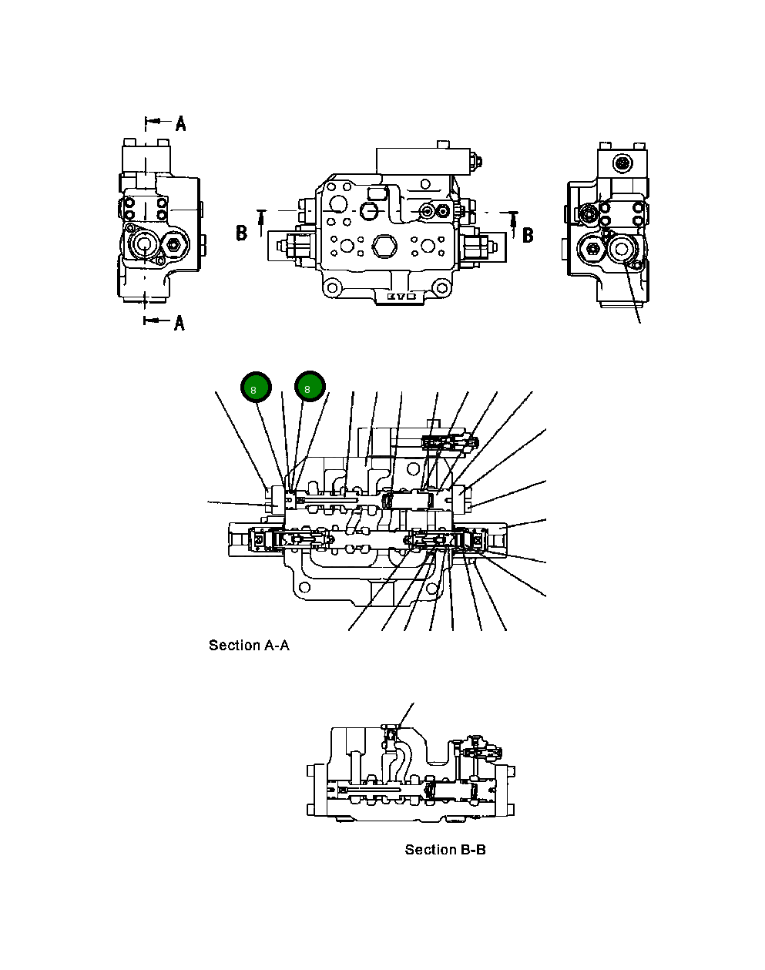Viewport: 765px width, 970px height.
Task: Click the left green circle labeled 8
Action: pos(256,387)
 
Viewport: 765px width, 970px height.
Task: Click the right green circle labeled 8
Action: pos(310,387)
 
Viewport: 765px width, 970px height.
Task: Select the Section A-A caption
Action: pos(249,646)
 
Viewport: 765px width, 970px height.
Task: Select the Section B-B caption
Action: pos(445,850)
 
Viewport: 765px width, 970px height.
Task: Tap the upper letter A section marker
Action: pos(180,123)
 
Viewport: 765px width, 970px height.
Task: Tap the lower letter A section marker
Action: pos(179,323)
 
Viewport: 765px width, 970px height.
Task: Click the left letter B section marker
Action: pos(241,233)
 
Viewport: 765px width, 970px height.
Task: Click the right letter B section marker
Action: pos(528,234)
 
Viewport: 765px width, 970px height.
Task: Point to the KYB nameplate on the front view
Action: pos(401,296)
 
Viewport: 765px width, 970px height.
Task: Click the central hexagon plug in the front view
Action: pos(383,247)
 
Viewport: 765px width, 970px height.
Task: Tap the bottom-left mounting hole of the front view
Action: pos(331,289)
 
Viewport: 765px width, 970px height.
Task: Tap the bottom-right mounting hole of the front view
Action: pos(442,289)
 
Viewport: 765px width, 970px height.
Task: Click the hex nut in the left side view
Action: pos(173,246)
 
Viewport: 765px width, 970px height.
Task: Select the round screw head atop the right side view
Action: pos(622,163)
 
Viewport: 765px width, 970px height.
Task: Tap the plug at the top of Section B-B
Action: pos(391,726)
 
